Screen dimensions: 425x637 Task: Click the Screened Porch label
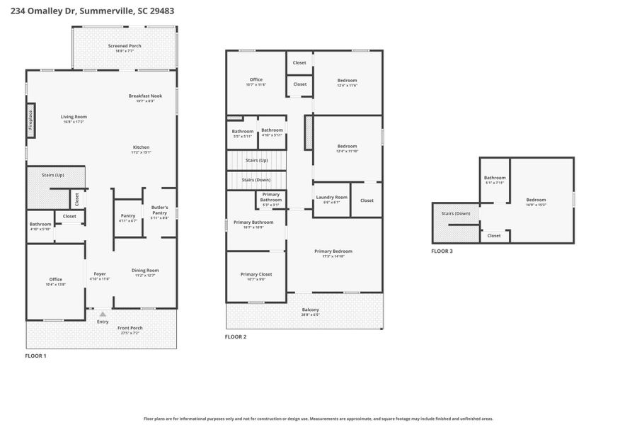pyautogui.click(x=125, y=46)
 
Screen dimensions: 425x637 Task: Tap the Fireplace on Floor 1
pyautogui.click(x=30, y=123)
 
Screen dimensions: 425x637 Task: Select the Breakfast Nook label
pyautogui.click(x=145, y=96)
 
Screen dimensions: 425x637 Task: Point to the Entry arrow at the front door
pyautogui.click(x=103, y=314)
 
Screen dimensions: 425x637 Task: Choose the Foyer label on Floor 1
pyautogui.click(x=100, y=273)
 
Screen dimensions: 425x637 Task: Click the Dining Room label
pyautogui.click(x=145, y=270)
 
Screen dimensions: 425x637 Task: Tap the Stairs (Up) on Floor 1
pyautogui.click(x=53, y=174)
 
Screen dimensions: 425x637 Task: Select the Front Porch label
pyautogui.click(x=130, y=328)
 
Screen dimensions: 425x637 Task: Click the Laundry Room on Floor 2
pyautogui.click(x=331, y=197)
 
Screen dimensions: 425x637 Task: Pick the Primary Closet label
pyautogui.click(x=256, y=274)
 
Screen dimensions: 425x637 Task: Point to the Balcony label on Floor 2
pyautogui.click(x=311, y=310)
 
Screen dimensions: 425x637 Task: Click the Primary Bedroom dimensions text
pyautogui.click(x=333, y=256)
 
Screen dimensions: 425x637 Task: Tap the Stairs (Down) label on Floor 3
pyautogui.click(x=456, y=213)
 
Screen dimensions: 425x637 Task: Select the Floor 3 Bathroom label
pyautogui.click(x=495, y=178)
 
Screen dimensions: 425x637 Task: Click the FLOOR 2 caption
pyautogui.click(x=236, y=336)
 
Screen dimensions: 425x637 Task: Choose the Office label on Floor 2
pyautogui.click(x=256, y=79)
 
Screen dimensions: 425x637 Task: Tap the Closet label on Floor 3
pyautogui.click(x=494, y=235)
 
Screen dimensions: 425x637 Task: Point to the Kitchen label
pyautogui.click(x=141, y=147)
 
